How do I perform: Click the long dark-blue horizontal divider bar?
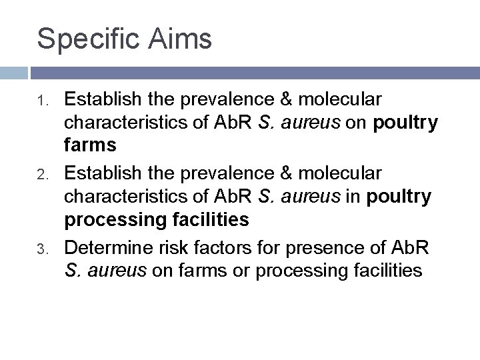(x=254, y=73)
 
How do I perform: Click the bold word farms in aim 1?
(x=90, y=145)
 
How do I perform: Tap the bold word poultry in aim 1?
(x=406, y=123)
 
